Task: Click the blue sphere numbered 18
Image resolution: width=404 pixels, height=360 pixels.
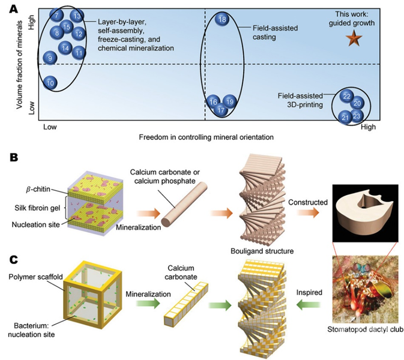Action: (222, 20)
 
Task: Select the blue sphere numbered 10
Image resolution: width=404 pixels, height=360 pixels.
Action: (51, 82)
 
